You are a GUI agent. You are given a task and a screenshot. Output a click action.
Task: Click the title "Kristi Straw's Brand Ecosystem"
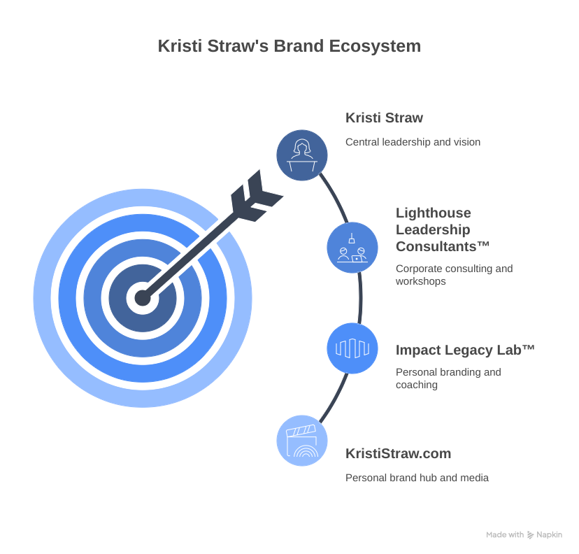click(x=289, y=46)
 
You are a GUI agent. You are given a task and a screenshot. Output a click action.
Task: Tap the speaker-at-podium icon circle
click(x=302, y=155)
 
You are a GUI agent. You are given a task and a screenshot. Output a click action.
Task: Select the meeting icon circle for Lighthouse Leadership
click(x=352, y=248)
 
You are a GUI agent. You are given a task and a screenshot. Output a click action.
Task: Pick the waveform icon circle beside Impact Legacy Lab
click(x=352, y=348)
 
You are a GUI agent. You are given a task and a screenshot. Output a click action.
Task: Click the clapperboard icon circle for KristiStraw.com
click(x=302, y=441)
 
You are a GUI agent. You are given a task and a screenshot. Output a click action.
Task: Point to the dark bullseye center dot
click(x=143, y=298)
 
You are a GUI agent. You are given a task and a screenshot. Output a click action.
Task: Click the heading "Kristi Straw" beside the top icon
click(x=384, y=118)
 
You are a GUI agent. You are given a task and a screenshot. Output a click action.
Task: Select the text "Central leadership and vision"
click(x=413, y=142)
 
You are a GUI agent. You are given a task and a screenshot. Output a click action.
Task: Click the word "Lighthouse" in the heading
click(x=434, y=213)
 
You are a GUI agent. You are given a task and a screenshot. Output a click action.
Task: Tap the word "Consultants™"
click(x=443, y=246)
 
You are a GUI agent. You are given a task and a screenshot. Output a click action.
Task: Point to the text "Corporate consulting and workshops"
click(x=455, y=275)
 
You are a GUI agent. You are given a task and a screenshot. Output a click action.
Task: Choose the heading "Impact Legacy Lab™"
click(x=465, y=350)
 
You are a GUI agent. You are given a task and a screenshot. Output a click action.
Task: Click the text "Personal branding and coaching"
click(x=448, y=378)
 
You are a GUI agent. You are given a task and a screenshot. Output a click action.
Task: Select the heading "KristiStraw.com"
click(x=398, y=453)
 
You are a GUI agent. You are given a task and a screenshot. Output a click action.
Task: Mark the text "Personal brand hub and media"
click(x=417, y=478)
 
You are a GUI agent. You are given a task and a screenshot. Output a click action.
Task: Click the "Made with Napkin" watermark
click(x=524, y=535)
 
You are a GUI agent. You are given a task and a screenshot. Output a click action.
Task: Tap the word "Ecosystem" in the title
click(x=375, y=47)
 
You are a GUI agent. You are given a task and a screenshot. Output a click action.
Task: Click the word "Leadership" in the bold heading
click(x=433, y=229)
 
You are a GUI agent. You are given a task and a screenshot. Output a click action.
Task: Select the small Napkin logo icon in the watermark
click(x=530, y=535)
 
